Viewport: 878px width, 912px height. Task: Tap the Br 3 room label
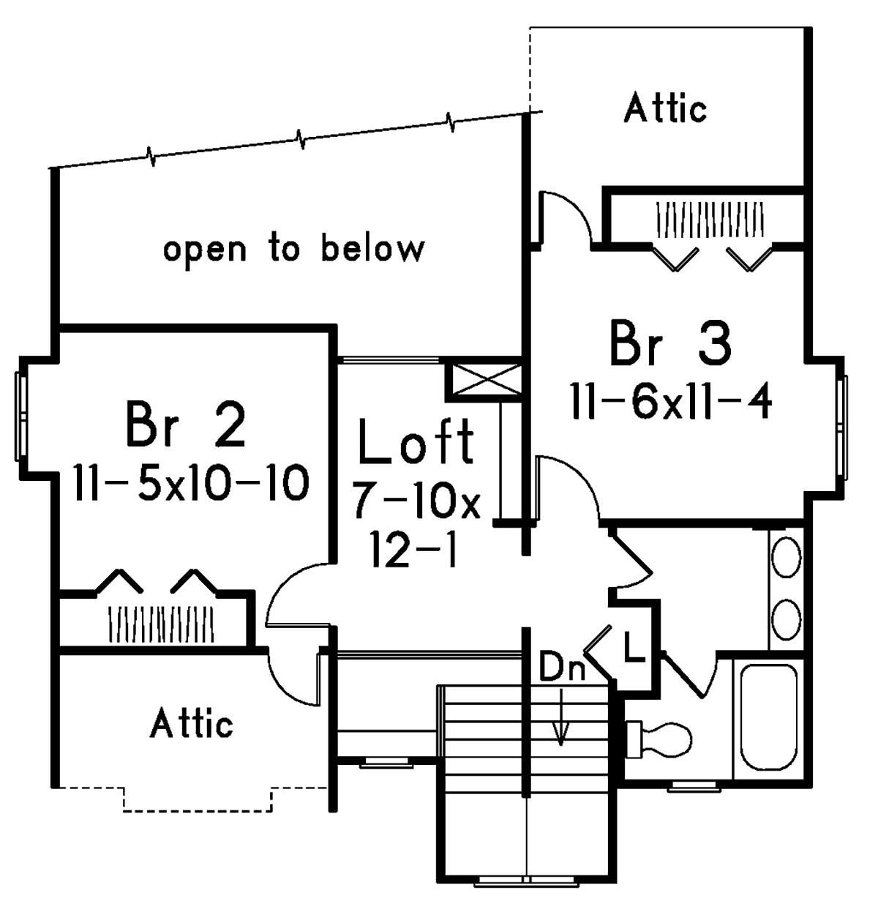tap(669, 344)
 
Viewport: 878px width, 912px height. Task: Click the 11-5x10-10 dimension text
tap(191, 484)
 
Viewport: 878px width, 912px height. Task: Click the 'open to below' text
tap(293, 249)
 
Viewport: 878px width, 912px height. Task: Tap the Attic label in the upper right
tap(665, 109)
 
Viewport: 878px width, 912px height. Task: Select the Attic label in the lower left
tap(192, 724)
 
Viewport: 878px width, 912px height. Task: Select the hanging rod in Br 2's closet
tap(161, 624)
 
